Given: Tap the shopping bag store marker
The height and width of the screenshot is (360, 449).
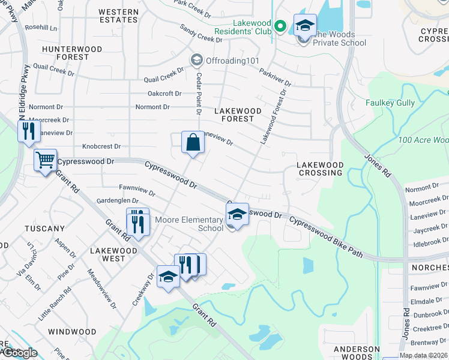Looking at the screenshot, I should coord(193,143).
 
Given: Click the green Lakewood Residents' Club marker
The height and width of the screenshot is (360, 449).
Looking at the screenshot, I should coord(279,26).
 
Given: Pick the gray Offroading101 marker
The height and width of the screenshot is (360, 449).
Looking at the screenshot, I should coord(196,59).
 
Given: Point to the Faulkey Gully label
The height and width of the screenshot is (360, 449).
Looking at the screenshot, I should coord(390,103).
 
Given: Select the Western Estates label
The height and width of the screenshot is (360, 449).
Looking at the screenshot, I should coord(118,16).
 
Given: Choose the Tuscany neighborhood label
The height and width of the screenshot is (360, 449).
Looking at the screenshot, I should coord(44,229).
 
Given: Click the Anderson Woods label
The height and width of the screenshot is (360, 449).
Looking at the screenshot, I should coord(357,352).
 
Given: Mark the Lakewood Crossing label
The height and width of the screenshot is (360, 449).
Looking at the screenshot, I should coord(321,169).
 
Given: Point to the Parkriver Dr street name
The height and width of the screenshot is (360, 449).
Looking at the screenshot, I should coord(275,78).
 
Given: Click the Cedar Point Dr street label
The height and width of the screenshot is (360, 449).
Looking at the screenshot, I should coord(197,94).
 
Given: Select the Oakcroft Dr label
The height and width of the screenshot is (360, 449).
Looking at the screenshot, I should coord(164,94).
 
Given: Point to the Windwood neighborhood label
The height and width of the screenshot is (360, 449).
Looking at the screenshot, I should coord(72,332).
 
